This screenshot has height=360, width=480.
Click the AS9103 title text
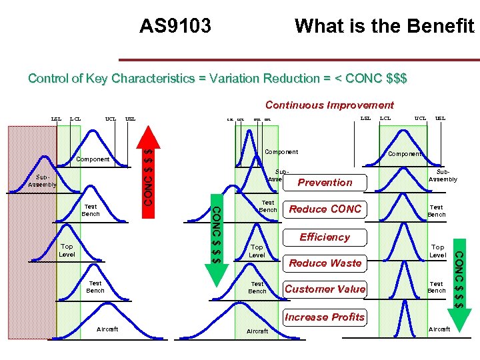(175, 26)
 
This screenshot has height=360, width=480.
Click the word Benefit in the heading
(441, 26)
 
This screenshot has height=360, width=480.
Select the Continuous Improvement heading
(329, 105)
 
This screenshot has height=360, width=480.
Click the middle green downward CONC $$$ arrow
(217, 240)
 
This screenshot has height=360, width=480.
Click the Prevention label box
(325, 183)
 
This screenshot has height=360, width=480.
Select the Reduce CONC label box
(325, 209)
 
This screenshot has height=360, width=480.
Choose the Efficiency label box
(325, 237)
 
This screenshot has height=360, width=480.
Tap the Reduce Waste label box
(325, 263)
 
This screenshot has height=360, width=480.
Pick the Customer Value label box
(325, 289)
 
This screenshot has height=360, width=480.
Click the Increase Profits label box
(325, 317)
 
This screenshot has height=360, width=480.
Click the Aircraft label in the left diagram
(107, 329)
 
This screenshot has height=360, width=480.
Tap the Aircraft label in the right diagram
(439, 329)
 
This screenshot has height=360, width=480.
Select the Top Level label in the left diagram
(67, 251)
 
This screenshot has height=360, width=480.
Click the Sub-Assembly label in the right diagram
(443, 175)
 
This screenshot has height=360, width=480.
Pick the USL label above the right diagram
(441, 119)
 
